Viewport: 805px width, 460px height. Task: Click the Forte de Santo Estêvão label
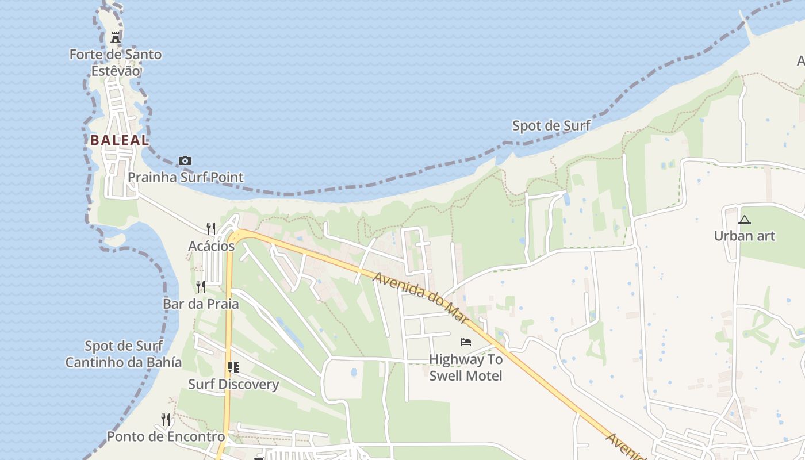[116, 63]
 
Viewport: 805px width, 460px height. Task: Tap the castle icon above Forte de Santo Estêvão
[116, 37]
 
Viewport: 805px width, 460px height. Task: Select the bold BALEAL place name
[120, 140]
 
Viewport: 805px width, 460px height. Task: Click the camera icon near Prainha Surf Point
[185, 160]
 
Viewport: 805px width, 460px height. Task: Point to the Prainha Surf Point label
[186, 177]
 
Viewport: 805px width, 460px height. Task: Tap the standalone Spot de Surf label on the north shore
[551, 125]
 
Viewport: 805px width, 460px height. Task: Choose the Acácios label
[212, 246]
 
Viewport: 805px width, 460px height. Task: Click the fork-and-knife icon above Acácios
[211, 228]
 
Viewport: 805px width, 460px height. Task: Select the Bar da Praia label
[201, 304]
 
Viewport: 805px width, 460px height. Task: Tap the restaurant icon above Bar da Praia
[200, 286]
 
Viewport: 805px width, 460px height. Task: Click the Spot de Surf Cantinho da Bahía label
[124, 354]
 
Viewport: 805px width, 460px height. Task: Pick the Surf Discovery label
[233, 384]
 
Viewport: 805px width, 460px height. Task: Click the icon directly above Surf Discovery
[233, 367]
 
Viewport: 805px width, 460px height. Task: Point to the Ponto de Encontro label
[166, 436]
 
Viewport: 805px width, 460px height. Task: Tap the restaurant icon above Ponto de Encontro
[166, 419]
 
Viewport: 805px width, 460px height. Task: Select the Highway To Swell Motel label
[466, 367]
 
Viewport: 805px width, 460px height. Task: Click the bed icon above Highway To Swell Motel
[466, 342]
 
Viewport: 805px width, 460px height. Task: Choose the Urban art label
[745, 236]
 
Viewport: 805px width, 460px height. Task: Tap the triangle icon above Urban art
[745, 219]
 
